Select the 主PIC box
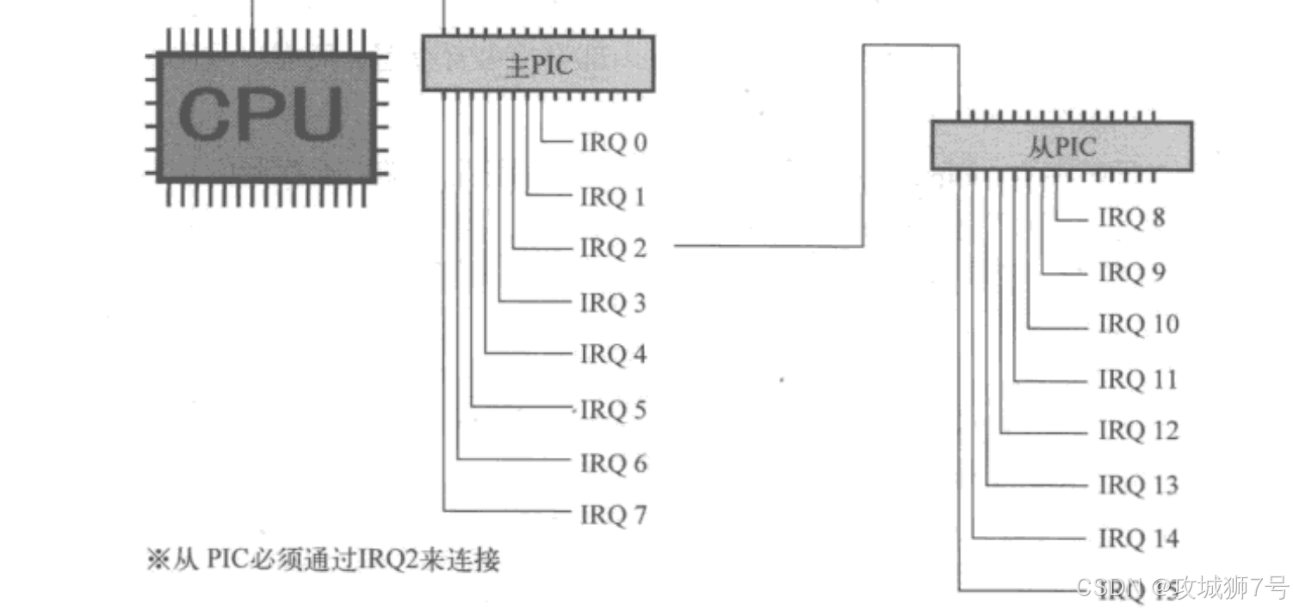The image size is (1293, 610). (x=537, y=64)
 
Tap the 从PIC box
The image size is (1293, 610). (x=1061, y=146)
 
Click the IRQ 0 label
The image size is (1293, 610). (x=613, y=143)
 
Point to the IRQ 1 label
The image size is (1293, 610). (x=613, y=197)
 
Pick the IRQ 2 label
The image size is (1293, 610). (x=613, y=249)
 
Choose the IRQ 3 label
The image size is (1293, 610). (x=613, y=303)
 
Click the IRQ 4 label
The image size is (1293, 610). (x=613, y=354)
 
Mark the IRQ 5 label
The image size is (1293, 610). (x=613, y=410)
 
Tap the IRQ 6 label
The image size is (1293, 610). (x=613, y=464)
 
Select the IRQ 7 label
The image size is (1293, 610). (x=613, y=515)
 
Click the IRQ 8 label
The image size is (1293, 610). (x=1131, y=218)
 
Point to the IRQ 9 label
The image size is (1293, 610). (x=1131, y=273)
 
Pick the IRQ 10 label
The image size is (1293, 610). (x=1138, y=324)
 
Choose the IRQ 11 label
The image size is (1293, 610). (x=1138, y=379)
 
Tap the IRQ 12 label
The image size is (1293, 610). (x=1138, y=430)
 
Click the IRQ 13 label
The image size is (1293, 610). (x=1138, y=485)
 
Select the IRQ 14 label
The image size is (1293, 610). (x=1138, y=539)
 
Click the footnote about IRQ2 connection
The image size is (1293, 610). (x=324, y=561)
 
